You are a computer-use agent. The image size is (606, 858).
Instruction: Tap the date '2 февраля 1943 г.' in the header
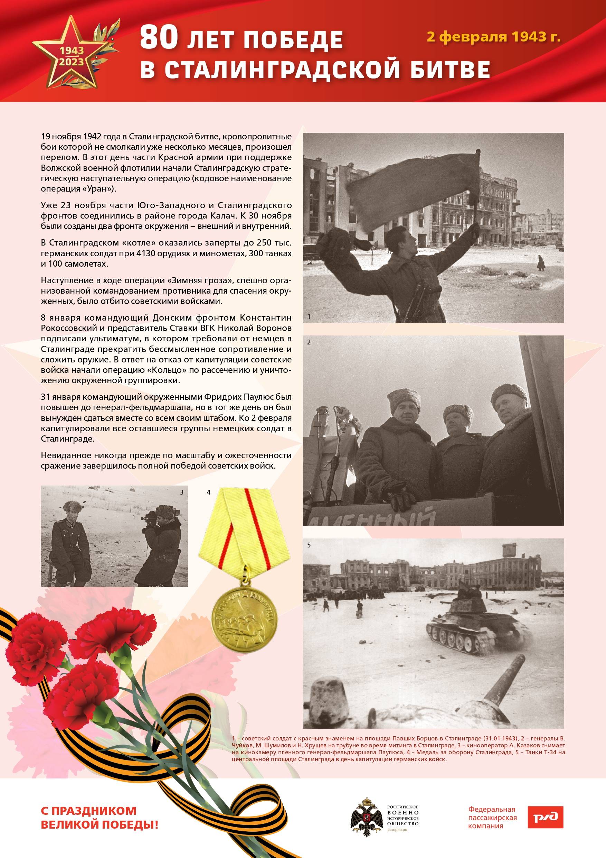click(x=494, y=37)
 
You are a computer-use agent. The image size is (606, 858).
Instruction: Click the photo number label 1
click(x=309, y=316)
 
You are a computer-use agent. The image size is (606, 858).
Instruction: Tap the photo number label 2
click(x=309, y=342)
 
